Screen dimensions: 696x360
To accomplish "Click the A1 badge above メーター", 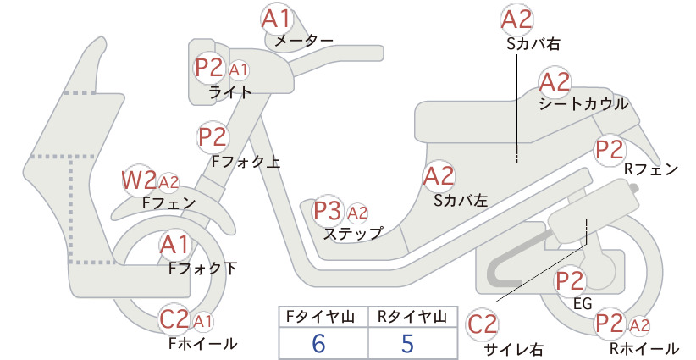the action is [276, 19].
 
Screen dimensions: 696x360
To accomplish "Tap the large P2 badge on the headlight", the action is [209, 68].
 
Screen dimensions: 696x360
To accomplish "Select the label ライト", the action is [230, 92].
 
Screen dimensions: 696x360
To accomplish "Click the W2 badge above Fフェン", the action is [140, 180].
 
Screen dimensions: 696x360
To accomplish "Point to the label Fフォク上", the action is [246, 161].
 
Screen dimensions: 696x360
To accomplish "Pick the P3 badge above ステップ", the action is [328, 211].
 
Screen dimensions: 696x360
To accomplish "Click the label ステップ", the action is [353, 234].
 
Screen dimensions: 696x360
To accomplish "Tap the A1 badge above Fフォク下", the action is [175, 246].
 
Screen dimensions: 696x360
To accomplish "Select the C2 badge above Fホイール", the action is [175, 319].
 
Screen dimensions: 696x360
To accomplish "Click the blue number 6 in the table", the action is [319, 343].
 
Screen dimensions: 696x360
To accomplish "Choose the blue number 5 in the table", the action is [407, 343].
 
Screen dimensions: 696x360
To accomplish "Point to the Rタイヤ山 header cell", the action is [413, 317].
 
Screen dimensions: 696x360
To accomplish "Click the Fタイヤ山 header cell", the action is [323, 317].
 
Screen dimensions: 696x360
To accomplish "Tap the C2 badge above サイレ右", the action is [483, 324].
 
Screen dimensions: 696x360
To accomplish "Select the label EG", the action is [583, 303].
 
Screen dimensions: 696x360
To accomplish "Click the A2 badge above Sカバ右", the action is [516, 20].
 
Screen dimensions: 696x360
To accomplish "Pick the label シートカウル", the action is [583, 104].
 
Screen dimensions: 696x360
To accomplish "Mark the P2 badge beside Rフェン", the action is [610, 150].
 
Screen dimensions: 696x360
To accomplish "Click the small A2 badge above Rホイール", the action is [639, 325].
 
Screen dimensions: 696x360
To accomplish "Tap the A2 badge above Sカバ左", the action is [439, 176].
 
